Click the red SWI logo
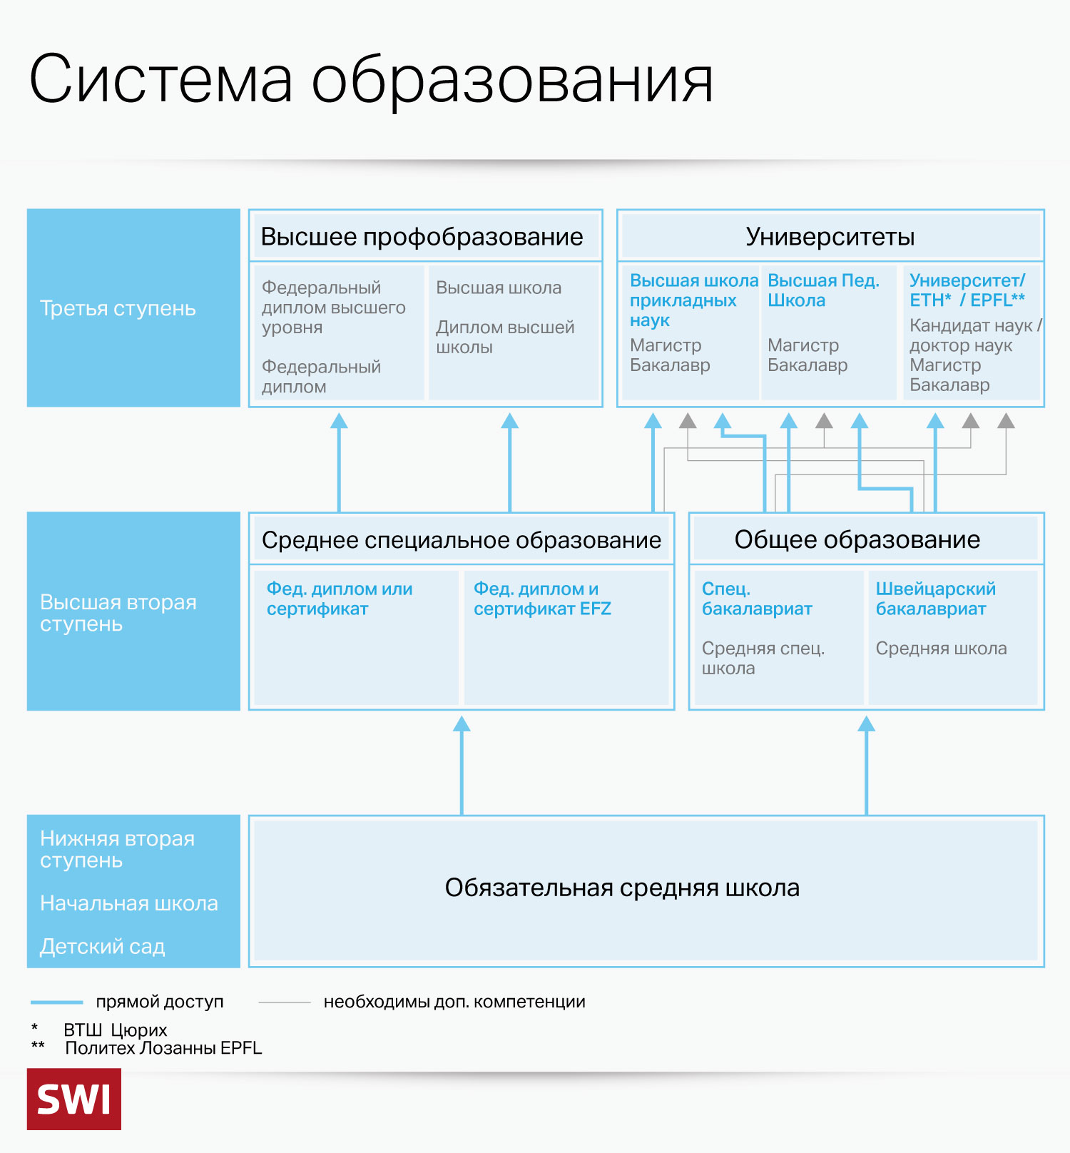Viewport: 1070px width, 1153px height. (74, 1099)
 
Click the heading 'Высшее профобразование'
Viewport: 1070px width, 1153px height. (422, 237)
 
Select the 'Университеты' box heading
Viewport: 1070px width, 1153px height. (830, 237)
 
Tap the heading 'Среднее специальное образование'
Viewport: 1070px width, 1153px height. (461, 540)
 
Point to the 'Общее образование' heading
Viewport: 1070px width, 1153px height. (857, 540)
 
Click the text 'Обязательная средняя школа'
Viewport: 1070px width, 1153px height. (622, 888)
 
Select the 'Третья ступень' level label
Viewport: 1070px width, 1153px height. (118, 308)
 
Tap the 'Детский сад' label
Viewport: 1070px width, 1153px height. (103, 947)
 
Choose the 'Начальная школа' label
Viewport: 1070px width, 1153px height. (129, 903)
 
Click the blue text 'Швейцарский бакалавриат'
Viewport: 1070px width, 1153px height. (935, 599)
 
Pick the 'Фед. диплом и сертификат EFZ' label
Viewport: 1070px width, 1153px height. (542, 599)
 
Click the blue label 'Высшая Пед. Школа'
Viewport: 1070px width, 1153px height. (822, 290)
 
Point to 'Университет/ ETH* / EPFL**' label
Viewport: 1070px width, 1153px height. (967, 290)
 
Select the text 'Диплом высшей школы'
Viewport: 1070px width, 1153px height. (505, 337)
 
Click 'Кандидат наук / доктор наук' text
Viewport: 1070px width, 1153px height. (974, 335)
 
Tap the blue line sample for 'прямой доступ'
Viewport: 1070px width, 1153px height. (56, 1002)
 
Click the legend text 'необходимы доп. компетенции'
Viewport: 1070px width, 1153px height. (454, 1002)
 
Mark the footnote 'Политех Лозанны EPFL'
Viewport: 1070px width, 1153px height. (163, 1048)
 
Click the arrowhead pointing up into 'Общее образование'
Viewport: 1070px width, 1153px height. (866, 725)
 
